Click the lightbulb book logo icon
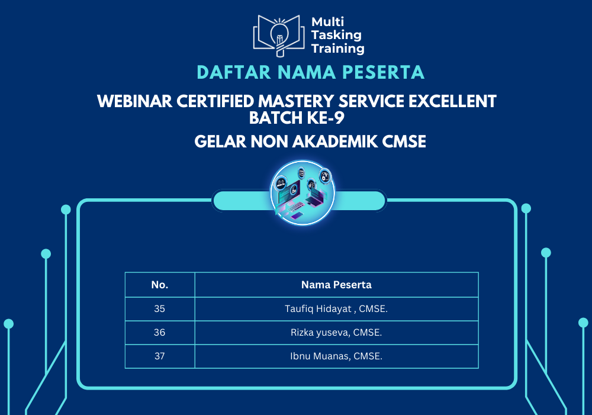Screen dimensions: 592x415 (x=279, y=36)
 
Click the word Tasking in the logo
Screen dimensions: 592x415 (x=336, y=35)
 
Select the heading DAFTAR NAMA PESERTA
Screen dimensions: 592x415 (x=310, y=72)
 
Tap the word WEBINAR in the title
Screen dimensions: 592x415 (x=134, y=101)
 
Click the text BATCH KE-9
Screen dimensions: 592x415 (x=297, y=118)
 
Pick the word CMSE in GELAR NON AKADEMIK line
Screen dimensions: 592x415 (x=404, y=141)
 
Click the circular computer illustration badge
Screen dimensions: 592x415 (x=303, y=193)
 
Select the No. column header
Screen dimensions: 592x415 (x=160, y=285)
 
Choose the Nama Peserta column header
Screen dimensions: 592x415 (x=336, y=285)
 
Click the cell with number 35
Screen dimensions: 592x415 (x=159, y=309)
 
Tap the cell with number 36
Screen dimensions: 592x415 (x=159, y=332)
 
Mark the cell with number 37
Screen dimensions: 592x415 (x=159, y=356)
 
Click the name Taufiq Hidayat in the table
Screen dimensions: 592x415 (x=318, y=309)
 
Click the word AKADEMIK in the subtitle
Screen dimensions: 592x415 (x=335, y=141)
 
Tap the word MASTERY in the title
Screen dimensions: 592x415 (x=296, y=101)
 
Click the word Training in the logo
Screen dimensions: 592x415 (x=338, y=49)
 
